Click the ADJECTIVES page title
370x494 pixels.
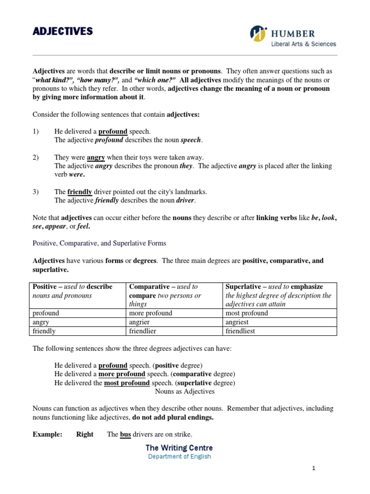pyautogui.click(x=62, y=32)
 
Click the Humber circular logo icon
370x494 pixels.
pyautogui.click(x=259, y=34)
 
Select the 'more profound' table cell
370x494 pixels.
pyautogui.click(x=151, y=313)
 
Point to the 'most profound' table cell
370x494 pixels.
pyautogui.click(x=247, y=313)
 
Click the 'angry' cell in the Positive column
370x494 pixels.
pyautogui.click(x=41, y=322)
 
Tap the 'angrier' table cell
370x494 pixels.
pyautogui.click(x=140, y=322)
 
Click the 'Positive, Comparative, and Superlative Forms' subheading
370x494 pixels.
pyautogui.click(x=99, y=243)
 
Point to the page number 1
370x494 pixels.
pyautogui.click(x=313, y=468)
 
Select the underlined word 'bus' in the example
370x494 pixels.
pyautogui.click(x=125, y=435)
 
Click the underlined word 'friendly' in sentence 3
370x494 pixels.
pyautogui.click(x=79, y=192)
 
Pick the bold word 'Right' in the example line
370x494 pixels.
pyautogui.click(x=85, y=435)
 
